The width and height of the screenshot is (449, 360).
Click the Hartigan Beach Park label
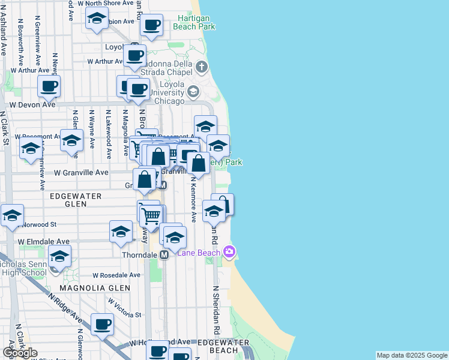194,22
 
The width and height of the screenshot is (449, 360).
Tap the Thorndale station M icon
163,255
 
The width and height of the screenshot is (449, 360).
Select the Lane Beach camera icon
228,251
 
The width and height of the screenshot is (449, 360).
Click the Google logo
20,353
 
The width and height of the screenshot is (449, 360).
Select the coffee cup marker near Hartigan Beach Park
151,26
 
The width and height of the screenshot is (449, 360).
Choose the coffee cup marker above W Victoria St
102,325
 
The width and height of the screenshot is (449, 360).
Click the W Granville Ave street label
81,172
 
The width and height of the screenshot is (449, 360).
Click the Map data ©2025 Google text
412,355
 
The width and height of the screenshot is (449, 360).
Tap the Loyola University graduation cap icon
193,92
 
